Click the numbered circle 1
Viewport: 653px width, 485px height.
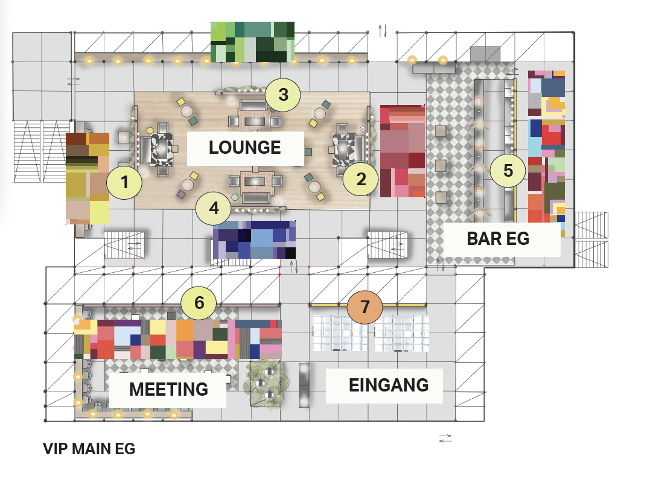pos(124,182)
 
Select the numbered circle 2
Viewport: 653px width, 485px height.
pos(361,179)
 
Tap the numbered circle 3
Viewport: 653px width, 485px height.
pos(283,95)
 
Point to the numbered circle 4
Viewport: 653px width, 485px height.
pos(214,208)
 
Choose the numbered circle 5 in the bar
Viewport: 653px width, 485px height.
pos(508,170)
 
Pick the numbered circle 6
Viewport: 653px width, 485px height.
pos(199,303)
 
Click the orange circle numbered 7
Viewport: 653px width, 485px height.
pos(365,307)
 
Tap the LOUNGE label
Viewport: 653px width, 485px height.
pos(245,147)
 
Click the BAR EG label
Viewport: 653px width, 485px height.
pos(498,238)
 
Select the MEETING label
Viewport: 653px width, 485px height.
pos(168,389)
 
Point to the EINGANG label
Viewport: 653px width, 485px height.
pos(389,385)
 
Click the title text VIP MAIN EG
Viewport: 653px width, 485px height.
pos(89,449)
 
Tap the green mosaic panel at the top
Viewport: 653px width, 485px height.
pos(252,42)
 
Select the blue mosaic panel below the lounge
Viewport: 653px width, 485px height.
pos(254,240)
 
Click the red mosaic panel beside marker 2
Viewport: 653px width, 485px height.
pos(403,151)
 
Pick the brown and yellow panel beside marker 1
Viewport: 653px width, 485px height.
pos(88,178)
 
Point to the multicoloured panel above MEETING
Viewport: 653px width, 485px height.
pos(178,339)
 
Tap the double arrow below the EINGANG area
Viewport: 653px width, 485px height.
pos(445,439)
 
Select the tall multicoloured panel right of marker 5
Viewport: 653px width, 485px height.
pos(546,153)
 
